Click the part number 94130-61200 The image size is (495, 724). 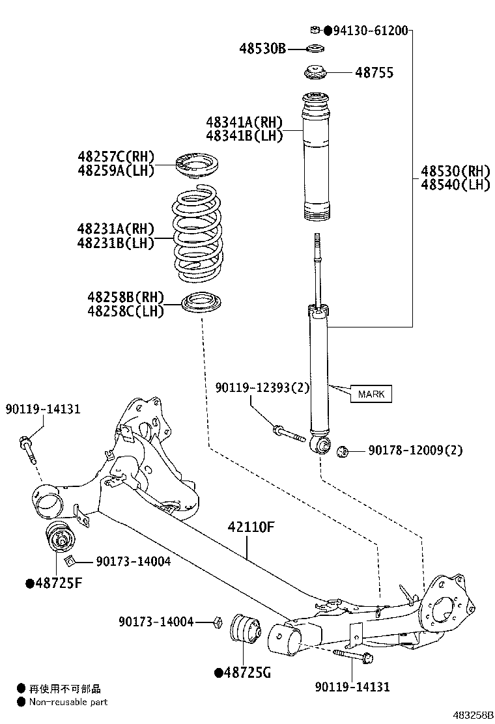tap(371, 31)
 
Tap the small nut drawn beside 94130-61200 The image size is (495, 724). tap(314, 29)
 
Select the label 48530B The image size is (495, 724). tap(262, 49)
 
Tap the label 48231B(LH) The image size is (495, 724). tap(115, 244)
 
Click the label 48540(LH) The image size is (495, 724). tap(455, 185)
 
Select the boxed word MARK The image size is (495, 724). tap(371, 394)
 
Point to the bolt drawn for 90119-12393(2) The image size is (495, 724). tap(289, 433)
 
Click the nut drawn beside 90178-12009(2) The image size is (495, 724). tap(345, 450)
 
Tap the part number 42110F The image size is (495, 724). tap(249, 527)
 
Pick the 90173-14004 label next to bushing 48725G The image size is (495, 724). tap(156, 622)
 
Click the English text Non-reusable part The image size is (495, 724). tap(68, 702)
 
